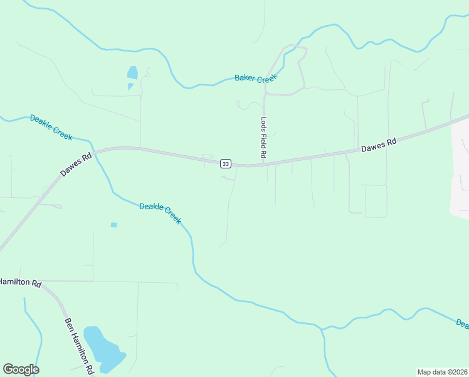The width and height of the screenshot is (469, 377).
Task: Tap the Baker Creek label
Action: [x=255, y=77]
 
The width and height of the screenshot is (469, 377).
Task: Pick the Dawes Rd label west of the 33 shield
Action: [x=76, y=163]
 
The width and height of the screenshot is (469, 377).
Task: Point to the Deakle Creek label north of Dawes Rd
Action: [x=51, y=127]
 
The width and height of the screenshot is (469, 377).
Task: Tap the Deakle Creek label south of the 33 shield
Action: [x=160, y=213]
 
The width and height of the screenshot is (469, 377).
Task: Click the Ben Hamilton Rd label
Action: [x=79, y=344]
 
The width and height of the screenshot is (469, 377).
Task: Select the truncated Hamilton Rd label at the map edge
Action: [x=20, y=283]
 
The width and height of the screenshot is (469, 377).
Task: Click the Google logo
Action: [x=21, y=369]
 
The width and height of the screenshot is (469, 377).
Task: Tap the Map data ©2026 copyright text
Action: [x=442, y=372]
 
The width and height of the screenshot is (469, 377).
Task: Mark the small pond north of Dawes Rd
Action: [x=132, y=73]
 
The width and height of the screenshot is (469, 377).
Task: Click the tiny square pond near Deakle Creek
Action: [x=113, y=224]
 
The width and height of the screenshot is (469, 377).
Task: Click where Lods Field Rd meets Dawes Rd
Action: [x=264, y=165]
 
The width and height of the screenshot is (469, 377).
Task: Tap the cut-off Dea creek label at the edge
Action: [x=462, y=324]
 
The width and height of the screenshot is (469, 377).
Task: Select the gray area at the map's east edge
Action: [x=460, y=170]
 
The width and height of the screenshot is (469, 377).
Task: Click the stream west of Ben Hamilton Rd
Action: [x=34, y=327]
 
